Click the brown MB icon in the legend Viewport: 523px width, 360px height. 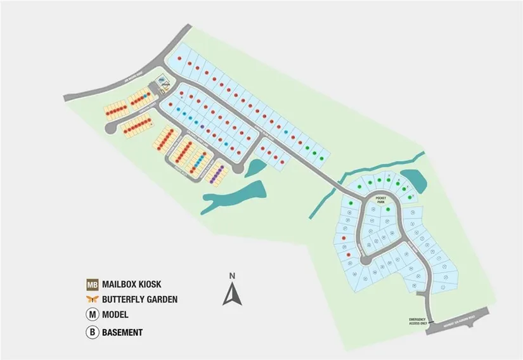[93, 285]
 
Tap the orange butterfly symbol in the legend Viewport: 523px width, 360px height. [93, 299]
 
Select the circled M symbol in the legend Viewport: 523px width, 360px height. [93, 314]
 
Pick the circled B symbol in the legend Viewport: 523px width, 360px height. [93, 331]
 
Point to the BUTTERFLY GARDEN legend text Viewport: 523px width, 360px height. [140, 299]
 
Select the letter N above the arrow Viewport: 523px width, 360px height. [233, 276]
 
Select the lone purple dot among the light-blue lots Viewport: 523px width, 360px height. [202, 127]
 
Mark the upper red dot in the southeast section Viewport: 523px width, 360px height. [343, 238]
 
